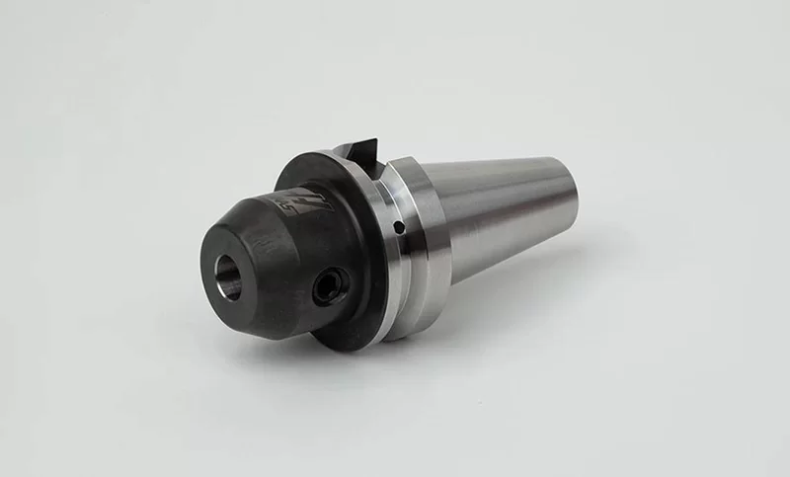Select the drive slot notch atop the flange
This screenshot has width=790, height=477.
pyautogui.click(x=356, y=152)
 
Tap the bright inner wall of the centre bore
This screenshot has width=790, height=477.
pyautogui.click(x=233, y=278)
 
